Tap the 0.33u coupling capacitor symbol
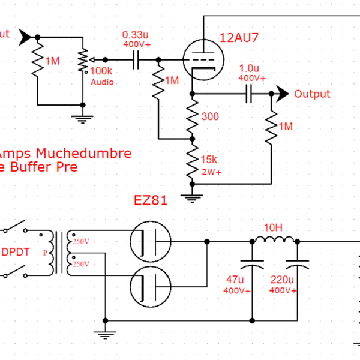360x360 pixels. (136, 59)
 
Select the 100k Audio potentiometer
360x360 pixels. (83, 60)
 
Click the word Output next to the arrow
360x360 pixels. (312, 94)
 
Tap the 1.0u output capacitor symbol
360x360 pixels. (250, 94)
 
